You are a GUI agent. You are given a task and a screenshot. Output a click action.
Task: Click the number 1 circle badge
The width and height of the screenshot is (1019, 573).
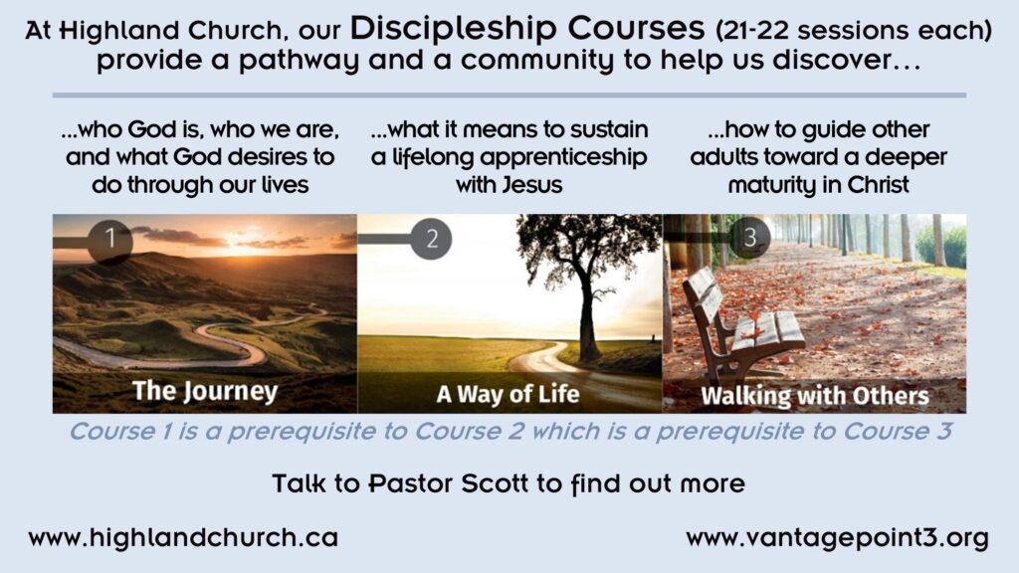click(x=109, y=240)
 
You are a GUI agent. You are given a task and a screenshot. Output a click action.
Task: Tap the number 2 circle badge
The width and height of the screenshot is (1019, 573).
click(x=432, y=239)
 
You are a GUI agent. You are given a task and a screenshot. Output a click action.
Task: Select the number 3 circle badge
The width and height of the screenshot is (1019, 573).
click(x=750, y=237)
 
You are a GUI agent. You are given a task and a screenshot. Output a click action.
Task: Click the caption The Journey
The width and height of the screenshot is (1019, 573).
click(x=205, y=391)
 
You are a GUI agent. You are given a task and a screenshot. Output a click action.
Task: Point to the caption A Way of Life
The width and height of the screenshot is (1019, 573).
click(x=508, y=394)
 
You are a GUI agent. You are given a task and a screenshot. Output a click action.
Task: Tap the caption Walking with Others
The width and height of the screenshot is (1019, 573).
click(x=815, y=396)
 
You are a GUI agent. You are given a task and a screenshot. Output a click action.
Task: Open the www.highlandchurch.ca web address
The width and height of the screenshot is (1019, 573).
click(x=183, y=537)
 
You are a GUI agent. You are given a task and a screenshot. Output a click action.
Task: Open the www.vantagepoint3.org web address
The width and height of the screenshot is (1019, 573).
click(x=837, y=538)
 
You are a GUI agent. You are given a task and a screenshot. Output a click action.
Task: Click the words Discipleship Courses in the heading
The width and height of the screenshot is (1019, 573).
click(x=527, y=28)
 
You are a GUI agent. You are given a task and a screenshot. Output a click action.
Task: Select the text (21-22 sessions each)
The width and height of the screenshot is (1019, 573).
click(x=853, y=30)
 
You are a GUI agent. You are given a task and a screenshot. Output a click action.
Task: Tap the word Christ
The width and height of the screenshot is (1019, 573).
click(x=878, y=184)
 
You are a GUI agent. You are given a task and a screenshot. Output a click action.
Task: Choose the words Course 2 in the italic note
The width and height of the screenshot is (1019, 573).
click(x=470, y=431)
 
